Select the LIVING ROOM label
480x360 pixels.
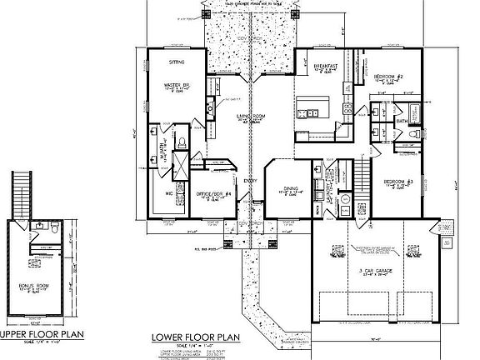pyautogui.click(x=244, y=115)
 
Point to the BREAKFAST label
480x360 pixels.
pyautogui.click(x=324, y=64)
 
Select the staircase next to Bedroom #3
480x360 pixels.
pyautogui.click(x=361, y=175)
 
